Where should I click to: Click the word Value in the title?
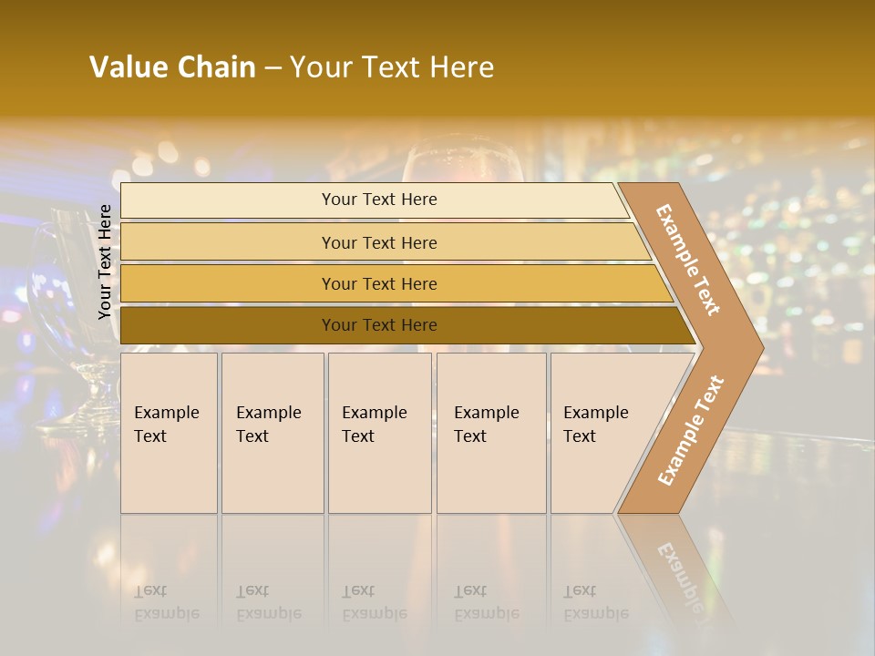(x=128, y=67)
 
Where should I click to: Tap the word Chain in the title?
(x=216, y=67)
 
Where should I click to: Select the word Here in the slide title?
(x=461, y=67)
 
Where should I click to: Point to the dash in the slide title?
(x=273, y=68)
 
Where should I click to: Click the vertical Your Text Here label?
(x=105, y=261)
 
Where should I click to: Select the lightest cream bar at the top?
(x=379, y=200)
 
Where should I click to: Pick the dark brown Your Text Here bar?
(x=379, y=325)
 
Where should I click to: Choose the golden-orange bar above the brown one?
(x=379, y=284)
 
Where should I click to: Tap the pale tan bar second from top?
(x=379, y=242)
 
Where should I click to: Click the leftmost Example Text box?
(x=169, y=433)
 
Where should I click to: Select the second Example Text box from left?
(x=273, y=433)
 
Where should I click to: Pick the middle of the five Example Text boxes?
(x=379, y=433)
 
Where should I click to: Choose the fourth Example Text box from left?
(x=491, y=433)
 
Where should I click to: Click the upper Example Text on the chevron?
(x=688, y=260)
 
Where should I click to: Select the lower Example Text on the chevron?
(x=690, y=431)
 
